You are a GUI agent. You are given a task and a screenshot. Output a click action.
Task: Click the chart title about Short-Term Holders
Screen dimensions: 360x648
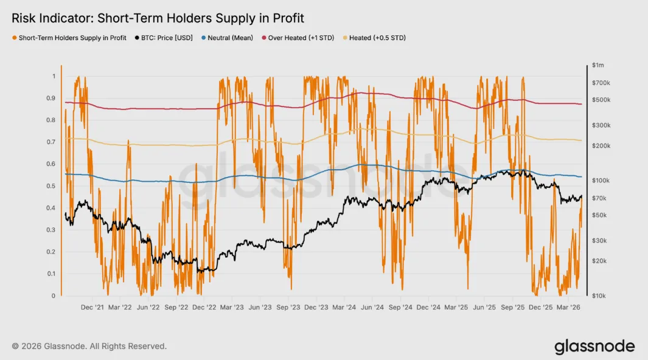pyautogui.click(x=158, y=18)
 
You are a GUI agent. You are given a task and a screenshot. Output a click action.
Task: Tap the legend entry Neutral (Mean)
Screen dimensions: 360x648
pyautogui.click(x=228, y=38)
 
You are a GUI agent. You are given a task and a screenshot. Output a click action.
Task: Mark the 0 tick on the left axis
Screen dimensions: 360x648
pyautogui.click(x=53, y=296)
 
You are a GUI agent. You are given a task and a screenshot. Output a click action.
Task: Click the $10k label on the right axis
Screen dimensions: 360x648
pyautogui.click(x=598, y=296)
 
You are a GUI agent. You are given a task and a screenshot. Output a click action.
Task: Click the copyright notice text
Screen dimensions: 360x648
pyautogui.click(x=89, y=346)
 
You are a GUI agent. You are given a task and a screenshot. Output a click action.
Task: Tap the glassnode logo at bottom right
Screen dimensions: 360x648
pyautogui.click(x=594, y=347)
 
